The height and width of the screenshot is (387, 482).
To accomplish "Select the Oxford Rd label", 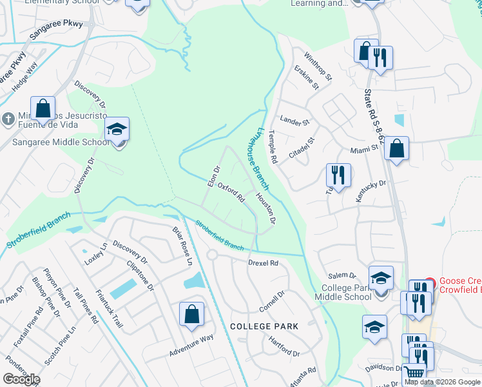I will (x=231, y=192).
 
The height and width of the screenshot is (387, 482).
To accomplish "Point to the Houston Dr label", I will (x=265, y=209).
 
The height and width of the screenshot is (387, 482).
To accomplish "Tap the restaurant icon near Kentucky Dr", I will (x=338, y=175).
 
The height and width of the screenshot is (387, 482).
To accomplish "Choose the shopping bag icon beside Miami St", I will (x=396, y=148).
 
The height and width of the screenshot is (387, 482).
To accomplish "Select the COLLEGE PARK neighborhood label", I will (x=264, y=326).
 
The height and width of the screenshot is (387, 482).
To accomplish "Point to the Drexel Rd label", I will (x=264, y=263).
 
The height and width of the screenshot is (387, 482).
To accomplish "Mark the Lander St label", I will (x=294, y=120).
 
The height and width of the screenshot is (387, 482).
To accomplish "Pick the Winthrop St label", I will (x=318, y=66).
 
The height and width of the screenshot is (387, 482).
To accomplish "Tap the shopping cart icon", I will (x=414, y=373).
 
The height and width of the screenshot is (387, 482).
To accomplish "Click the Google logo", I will (x=21, y=379).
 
